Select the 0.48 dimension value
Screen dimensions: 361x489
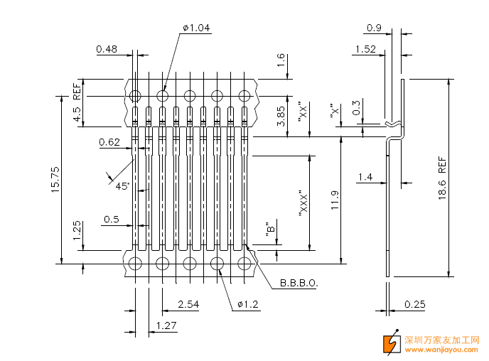click(107, 49)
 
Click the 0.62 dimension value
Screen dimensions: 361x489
click(109, 142)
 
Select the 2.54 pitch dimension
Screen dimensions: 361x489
click(188, 304)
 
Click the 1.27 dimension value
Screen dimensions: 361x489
click(166, 325)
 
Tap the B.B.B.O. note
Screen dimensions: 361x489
click(299, 283)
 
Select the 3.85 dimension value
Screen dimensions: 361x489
click(281, 115)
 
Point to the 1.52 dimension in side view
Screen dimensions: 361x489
click(364, 49)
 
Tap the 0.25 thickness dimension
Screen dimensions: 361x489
click(415, 304)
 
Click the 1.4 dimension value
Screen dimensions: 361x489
click(365, 176)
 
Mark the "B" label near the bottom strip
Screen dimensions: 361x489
click(271, 229)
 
